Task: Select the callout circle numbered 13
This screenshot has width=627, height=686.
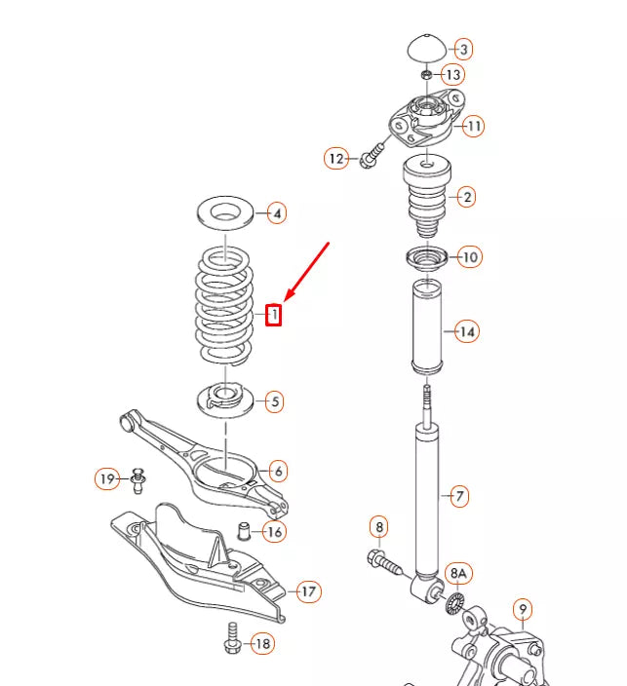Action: pos(453,75)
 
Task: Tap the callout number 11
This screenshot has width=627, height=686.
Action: pos(473,126)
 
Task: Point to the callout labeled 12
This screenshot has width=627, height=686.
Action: pos(336,157)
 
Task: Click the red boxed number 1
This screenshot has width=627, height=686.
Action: pos(274,315)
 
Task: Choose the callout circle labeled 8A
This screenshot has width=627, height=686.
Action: pos(457,573)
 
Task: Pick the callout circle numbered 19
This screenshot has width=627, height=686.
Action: pos(107,478)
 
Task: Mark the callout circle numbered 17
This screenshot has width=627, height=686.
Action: pos(308,591)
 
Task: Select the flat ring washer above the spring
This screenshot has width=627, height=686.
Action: pos(225,211)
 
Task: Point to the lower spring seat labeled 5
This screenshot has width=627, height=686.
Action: pos(225,399)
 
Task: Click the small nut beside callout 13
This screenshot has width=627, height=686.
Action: pos(426,75)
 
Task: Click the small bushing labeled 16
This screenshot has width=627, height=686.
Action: pos(247,532)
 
